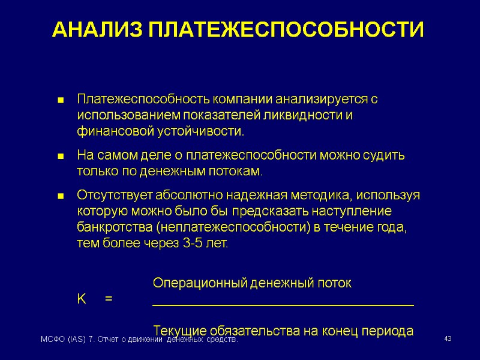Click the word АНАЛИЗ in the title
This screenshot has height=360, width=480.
95,29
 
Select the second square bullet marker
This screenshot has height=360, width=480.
60,157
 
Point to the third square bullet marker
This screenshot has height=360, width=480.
60,197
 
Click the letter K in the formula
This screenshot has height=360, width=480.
82,298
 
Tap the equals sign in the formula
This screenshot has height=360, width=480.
108,298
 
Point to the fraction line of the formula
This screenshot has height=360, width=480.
283,305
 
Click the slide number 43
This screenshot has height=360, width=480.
447,340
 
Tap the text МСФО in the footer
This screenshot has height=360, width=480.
50,341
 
